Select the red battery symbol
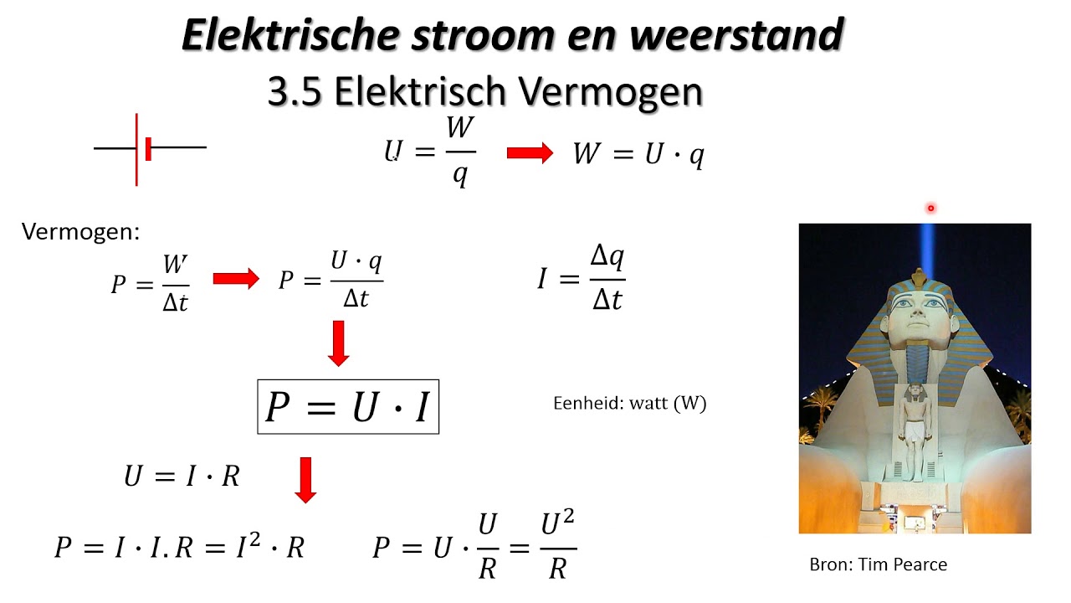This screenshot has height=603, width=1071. [147, 148]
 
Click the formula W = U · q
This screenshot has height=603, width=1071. [638, 155]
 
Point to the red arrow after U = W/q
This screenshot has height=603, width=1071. [530, 153]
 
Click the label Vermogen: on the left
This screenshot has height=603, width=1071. [80, 232]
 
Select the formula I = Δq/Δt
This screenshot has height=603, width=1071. [582, 278]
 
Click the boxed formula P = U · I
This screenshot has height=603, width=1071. [348, 407]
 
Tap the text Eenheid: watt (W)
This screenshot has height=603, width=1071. [629, 403]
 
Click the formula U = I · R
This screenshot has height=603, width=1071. [182, 476]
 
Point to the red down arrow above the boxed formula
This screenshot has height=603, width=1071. [338, 343]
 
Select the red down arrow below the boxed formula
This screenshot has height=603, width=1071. [305, 480]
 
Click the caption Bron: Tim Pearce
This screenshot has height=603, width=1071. [878, 564]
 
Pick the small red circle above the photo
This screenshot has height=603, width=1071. [930, 209]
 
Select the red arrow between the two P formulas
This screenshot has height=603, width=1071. [236, 280]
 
